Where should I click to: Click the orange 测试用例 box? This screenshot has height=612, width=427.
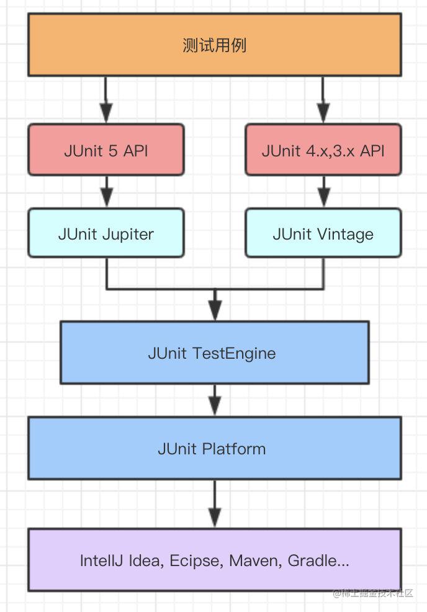pos(214,45)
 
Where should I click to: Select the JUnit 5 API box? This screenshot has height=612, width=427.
pos(106,150)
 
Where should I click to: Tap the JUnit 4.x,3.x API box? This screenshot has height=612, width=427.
pos(323,150)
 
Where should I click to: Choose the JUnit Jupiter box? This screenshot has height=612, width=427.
pos(106,233)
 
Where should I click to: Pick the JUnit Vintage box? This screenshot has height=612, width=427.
pos(323,233)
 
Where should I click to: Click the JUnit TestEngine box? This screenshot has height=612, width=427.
pos(214,353)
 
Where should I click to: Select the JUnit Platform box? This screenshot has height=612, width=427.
pos(214,448)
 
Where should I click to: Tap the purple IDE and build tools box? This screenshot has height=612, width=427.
pos(214,560)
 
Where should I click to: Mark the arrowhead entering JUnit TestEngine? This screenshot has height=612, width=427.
pos(215,310)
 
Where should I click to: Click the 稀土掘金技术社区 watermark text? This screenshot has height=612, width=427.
pos(377,593)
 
